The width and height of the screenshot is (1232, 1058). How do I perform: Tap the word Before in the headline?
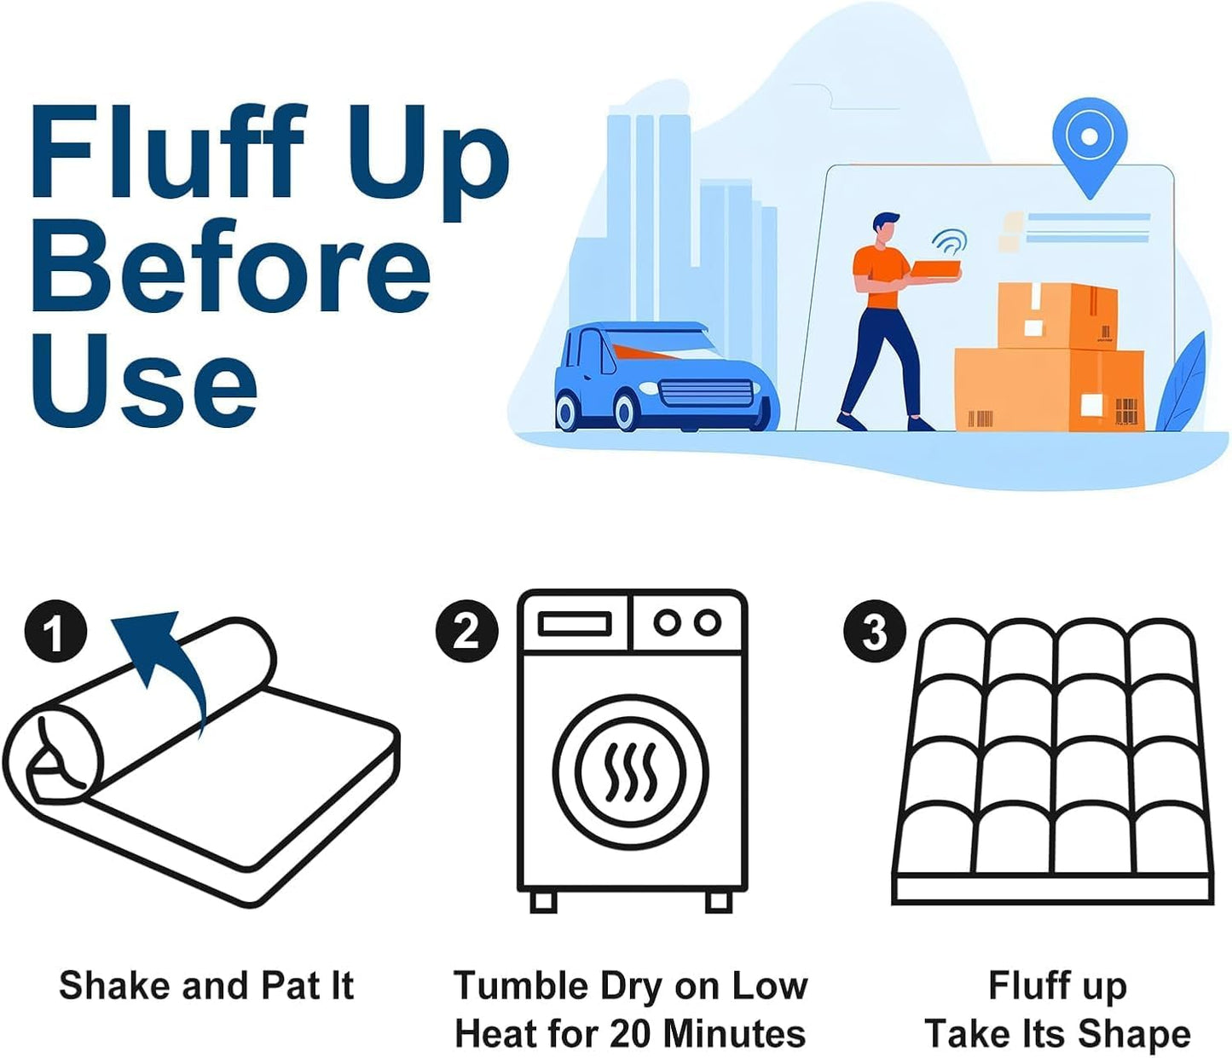click(x=230, y=265)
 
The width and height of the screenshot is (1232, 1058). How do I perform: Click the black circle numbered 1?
click(x=55, y=632)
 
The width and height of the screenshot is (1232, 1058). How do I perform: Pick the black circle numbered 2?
click(x=466, y=632)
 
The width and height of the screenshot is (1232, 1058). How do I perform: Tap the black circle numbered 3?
click(x=874, y=632)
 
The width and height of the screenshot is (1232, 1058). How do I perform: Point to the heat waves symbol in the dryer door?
click(x=631, y=772)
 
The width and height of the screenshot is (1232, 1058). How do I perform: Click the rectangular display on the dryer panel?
click(x=575, y=624)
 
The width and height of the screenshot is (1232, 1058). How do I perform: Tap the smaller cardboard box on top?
click(x=1056, y=315)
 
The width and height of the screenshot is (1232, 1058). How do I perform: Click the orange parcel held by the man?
click(x=934, y=271)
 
